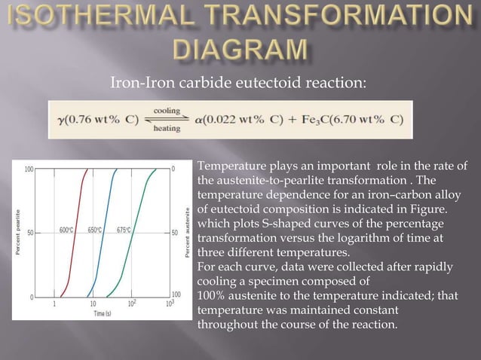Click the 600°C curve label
tap(66, 230)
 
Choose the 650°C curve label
tap(95, 230)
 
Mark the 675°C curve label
tap(126, 230)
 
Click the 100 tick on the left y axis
tap(28, 168)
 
